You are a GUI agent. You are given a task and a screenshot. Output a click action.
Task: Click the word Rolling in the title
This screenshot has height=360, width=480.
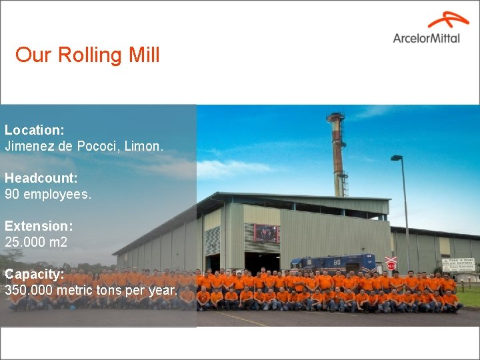point(91,55)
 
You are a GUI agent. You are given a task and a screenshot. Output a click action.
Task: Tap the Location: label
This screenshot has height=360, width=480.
point(35,130)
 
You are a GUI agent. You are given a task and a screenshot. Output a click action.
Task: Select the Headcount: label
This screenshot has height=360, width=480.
point(41,178)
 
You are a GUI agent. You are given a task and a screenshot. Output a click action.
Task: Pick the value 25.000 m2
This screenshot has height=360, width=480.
point(36,242)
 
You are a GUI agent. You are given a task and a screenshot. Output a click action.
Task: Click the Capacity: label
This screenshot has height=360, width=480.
point(35,274)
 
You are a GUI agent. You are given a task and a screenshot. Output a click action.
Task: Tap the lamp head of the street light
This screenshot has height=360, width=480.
point(396,158)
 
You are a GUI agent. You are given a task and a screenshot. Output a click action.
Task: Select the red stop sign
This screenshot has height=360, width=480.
point(391,265)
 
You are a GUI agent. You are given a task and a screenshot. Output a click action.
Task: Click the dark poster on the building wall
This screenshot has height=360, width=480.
point(266,233)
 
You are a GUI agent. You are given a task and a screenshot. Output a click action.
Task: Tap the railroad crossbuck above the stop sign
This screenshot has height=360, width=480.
point(391,258)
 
